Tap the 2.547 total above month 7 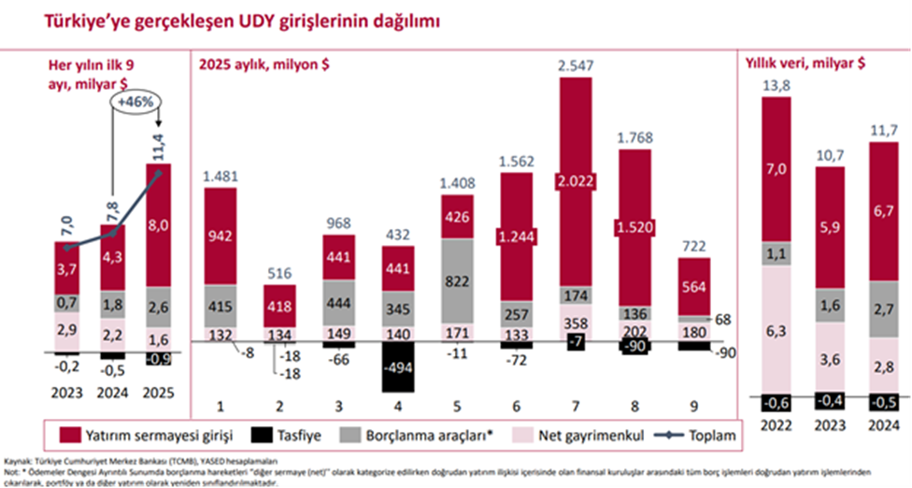pos(576,65)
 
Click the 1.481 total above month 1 pos(221,175)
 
